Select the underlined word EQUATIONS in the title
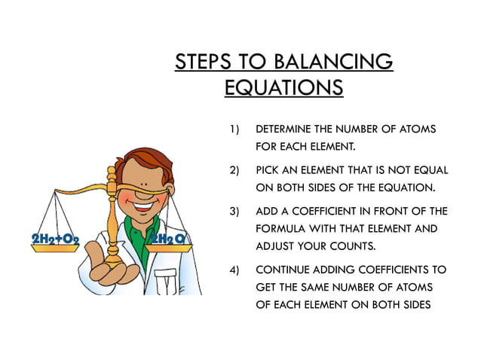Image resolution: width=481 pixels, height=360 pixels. click(x=283, y=87)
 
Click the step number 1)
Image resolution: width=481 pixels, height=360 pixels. click(x=234, y=130)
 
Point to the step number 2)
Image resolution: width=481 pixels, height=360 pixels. click(x=234, y=170)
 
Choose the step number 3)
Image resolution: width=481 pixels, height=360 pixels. click(x=234, y=211)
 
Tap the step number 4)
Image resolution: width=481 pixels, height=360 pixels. click(x=234, y=269)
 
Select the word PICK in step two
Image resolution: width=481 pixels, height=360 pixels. click(x=269, y=170)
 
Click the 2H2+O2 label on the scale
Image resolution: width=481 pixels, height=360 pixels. click(x=55, y=240)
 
